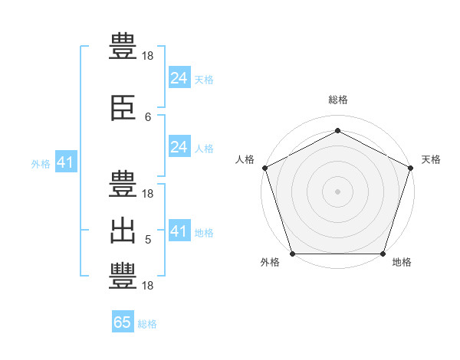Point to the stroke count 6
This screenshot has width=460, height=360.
(148, 117)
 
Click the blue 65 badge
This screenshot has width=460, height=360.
(123, 322)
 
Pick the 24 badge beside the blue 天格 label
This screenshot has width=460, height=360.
(179, 77)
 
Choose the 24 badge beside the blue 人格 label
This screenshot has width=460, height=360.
(179, 147)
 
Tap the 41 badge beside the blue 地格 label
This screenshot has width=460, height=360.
(179, 231)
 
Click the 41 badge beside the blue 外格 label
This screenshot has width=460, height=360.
(65, 162)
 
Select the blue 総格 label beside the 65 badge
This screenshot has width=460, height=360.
(147, 324)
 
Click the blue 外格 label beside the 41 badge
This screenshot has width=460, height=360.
(41, 164)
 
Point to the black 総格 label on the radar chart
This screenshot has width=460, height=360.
(337, 100)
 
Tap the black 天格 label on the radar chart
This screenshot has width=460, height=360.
(431, 159)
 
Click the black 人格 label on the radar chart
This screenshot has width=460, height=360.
(245, 159)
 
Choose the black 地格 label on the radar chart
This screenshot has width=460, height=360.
(402, 263)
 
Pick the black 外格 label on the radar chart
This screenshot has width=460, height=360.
(270, 263)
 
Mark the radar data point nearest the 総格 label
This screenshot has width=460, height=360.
(337, 130)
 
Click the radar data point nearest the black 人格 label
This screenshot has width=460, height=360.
(264, 168)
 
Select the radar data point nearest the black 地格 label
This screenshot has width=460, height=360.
(383, 254)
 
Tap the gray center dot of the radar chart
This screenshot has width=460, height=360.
(337, 191)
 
